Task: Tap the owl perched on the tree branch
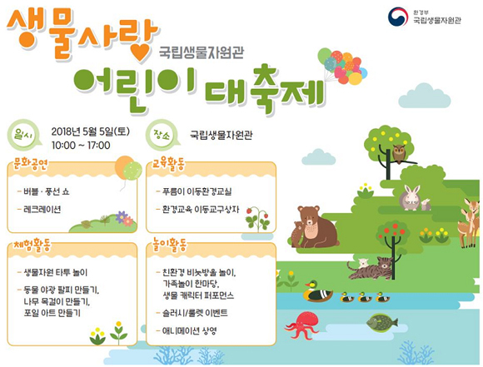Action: coord(399,154)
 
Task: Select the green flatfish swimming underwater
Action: coord(382,323)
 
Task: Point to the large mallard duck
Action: coord(317,291)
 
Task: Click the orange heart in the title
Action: coord(141,53)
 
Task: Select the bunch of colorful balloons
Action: coord(342,66)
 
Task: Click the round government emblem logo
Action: coord(398,17)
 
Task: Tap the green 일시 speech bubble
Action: coord(24,134)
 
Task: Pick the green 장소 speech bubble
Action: coord(162,135)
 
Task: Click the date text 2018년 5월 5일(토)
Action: coord(91,131)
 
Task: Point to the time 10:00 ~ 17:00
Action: coord(81,146)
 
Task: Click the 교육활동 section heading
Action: coord(169,165)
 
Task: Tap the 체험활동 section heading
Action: coord(32,245)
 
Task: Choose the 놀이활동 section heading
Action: coord(170,245)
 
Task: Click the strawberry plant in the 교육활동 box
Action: coord(257,219)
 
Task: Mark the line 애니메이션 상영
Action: coord(190,331)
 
